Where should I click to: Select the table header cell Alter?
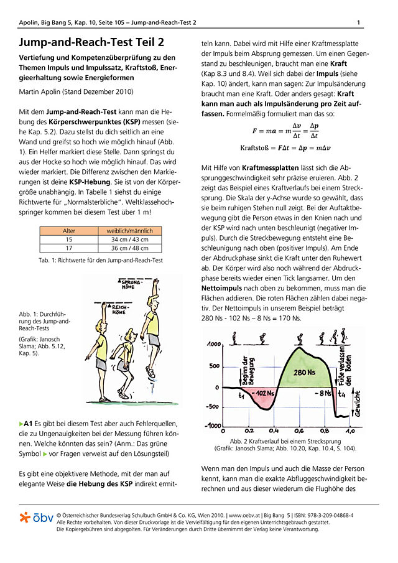69,231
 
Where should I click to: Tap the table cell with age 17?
69,248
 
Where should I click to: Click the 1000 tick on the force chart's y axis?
213,344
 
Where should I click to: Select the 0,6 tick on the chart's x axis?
298,430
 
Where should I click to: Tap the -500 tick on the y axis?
213,407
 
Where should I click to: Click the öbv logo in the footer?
36,518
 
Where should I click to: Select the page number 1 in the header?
359,23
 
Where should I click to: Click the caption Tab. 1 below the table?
101,260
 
